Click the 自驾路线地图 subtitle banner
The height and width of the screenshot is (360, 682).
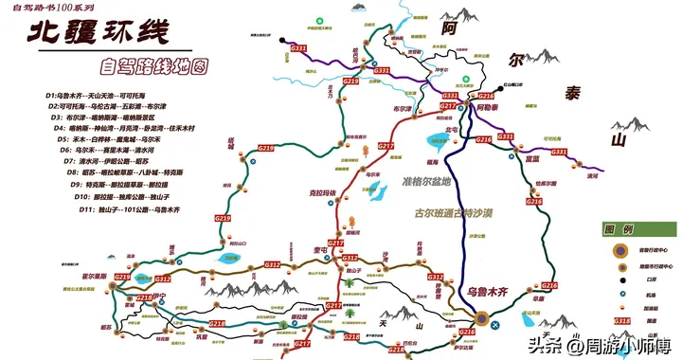157,67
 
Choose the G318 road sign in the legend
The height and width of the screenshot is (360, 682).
620,321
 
